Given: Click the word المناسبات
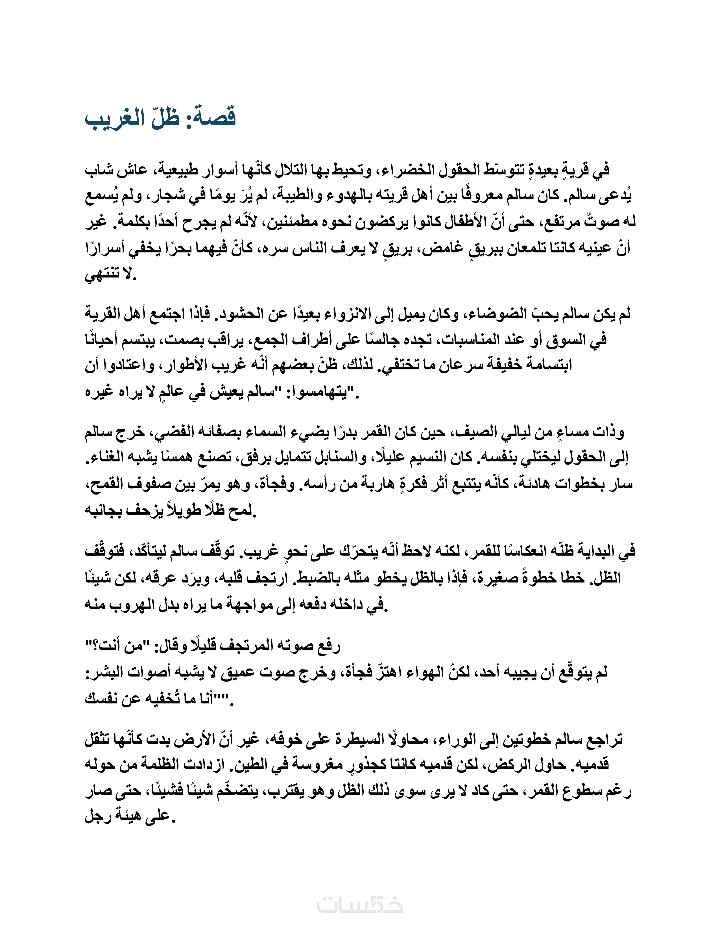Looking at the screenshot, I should point(469,340).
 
